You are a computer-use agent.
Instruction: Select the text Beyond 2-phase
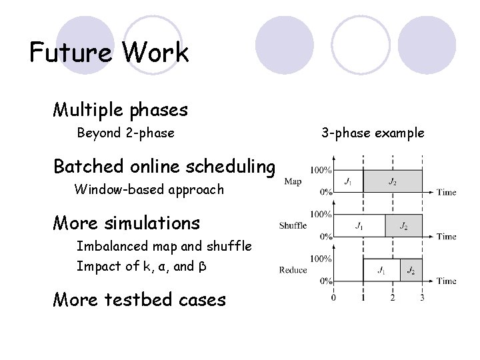click(126, 133)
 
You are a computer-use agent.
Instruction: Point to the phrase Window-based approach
click(149, 189)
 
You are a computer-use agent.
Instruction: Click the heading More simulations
click(127, 221)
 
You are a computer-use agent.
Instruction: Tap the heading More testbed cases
click(139, 299)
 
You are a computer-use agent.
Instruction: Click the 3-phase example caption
click(372, 133)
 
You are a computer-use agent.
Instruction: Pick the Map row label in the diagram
click(293, 180)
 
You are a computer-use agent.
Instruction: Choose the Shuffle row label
click(293, 225)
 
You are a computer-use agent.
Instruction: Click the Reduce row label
click(293, 270)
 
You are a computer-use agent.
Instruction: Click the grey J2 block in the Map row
click(393, 181)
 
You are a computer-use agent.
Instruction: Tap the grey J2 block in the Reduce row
click(411, 270)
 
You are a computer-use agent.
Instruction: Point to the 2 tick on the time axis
click(393, 297)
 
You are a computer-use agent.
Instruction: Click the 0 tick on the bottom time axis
click(333, 297)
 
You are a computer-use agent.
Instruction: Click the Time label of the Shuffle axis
click(447, 237)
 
